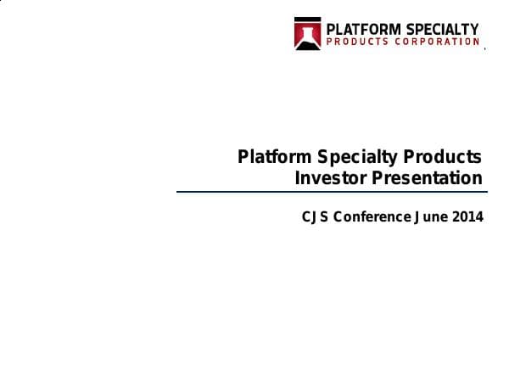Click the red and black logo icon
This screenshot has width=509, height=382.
(x=307, y=34)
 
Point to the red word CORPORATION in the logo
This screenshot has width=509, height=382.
(x=436, y=42)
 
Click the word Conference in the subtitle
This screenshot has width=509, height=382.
(x=372, y=216)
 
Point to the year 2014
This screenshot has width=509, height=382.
(x=467, y=216)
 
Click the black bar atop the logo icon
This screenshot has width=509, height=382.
(x=307, y=20)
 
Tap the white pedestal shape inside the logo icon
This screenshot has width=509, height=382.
(x=307, y=37)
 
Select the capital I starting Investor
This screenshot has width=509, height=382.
(x=297, y=178)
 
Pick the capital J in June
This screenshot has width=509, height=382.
(x=417, y=216)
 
